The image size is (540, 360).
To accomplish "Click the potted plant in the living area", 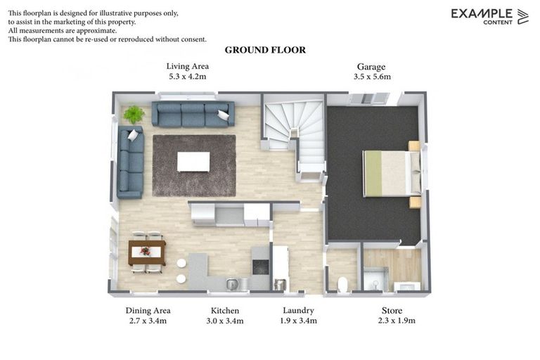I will (134, 114).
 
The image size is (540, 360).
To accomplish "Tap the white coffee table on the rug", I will (193, 162).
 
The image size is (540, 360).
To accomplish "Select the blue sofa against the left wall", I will (131, 162).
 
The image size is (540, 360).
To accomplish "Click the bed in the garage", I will (390, 173).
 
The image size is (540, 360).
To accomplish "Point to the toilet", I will (343, 283).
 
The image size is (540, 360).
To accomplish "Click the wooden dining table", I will (146, 250).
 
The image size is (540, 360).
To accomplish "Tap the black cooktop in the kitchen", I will (260, 267).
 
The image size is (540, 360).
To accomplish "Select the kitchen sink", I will (233, 283).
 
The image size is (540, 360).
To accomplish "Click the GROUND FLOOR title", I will (265, 50).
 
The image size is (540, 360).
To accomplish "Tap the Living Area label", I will (188, 66).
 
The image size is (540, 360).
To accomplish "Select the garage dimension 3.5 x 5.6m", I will (372, 77).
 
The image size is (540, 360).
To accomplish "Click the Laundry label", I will (298, 310).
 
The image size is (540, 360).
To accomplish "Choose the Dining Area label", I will (148, 310).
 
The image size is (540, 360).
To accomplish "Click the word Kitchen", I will (225, 310).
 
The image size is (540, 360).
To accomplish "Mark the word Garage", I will (371, 66).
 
